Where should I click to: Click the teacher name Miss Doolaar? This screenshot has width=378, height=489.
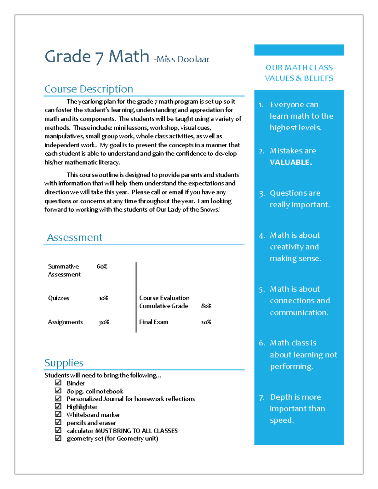182,59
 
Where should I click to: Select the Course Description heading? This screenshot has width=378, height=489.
89,89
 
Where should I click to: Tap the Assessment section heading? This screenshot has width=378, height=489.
75,237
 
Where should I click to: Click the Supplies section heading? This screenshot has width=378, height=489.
64,363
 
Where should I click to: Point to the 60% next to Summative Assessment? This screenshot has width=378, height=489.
102,266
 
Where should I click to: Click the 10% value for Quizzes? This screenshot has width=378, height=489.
104,298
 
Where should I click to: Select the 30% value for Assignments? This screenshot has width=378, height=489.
104,322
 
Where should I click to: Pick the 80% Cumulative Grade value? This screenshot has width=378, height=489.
206,306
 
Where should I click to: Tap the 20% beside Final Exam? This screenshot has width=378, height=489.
206,322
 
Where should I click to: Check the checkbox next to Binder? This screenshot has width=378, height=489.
58,383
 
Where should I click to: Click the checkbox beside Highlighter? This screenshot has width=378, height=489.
58,406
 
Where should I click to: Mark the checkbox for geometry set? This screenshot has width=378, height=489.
58,438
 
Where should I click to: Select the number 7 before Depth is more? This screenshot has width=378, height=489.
261,398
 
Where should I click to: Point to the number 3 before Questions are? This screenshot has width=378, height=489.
261,194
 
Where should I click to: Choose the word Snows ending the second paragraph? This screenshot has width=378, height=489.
209,210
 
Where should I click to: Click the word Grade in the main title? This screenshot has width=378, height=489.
68,57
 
